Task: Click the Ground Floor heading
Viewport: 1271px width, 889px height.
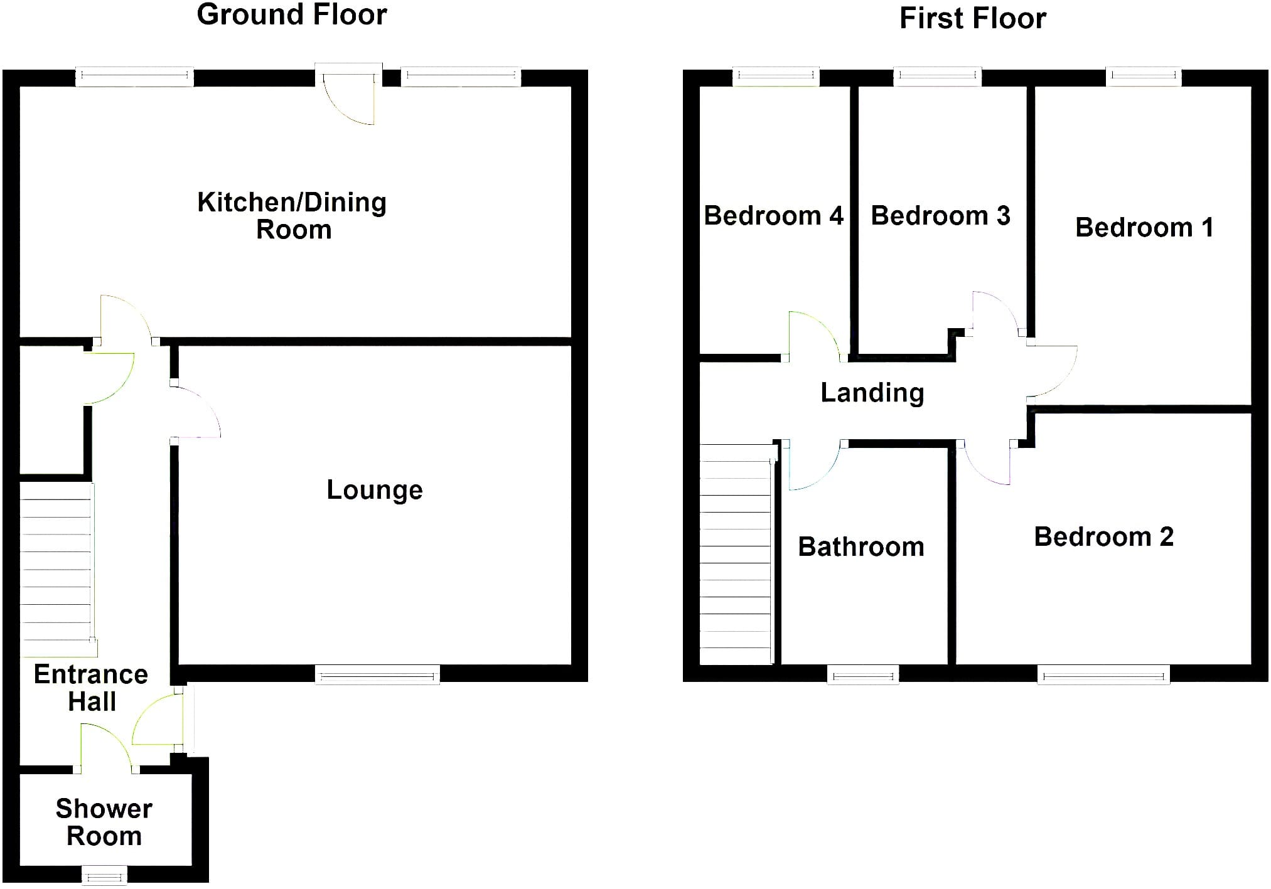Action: (292, 14)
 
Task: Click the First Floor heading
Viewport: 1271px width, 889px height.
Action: (973, 18)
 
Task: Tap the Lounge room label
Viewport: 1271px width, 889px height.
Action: (375, 490)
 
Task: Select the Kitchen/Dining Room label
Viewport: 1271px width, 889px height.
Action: (292, 216)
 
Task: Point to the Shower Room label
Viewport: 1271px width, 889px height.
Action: (104, 822)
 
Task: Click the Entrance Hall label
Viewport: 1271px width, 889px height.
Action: (91, 688)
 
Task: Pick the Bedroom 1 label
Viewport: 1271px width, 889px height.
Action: (1144, 227)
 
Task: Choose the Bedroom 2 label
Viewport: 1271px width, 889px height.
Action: (1104, 537)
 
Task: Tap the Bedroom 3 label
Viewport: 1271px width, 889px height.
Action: (941, 216)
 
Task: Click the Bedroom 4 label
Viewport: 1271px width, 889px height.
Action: (773, 216)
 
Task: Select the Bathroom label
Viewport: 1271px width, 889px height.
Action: (861, 547)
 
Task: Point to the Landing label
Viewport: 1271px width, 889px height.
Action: (872, 393)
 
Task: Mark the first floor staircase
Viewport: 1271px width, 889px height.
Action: (736, 554)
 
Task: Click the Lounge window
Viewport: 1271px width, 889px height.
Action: (377, 675)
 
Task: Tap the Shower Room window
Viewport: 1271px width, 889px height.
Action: (104, 875)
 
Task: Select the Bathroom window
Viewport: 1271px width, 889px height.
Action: (863, 675)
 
